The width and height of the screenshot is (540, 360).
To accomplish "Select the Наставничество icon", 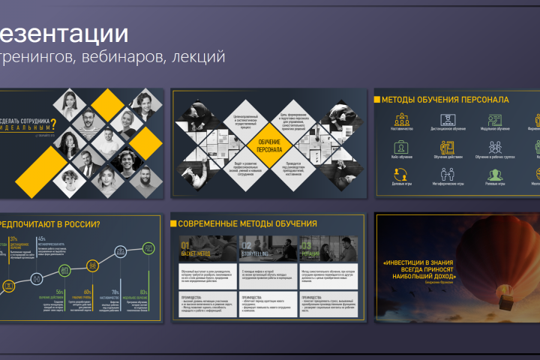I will pyautogui.click(x=401, y=121).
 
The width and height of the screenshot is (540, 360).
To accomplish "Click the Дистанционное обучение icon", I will pyautogui.click(x=448, y=121).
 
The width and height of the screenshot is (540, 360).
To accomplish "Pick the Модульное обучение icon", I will pyautogui.click(x=495, y=121).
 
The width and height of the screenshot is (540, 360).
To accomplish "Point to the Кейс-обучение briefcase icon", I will pyautogui.click(x=401, y=147).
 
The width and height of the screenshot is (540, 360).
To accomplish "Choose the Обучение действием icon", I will pyautogui.click(x=448, y=147).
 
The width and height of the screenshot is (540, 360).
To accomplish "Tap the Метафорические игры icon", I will pyautogui.click(x=448, y=174).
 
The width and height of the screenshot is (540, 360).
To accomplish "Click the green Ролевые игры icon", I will pyautogui.click(x=495, y=174).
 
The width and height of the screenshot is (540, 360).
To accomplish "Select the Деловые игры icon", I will pyautogui.click(x=401, y=174).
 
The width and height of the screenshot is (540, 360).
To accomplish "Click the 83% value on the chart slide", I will pyautogui.click(x=143, y=292).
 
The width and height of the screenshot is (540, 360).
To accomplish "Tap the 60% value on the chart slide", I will pyautogui.click(x=88, y=292).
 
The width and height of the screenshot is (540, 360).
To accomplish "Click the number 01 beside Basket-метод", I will pyautogui.click(x=185, y=245).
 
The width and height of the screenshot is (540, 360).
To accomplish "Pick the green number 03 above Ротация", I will pyautogui.click(x=305, y=245).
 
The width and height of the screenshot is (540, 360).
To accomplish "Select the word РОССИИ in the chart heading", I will pyautogui.click(x=83, y=223).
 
